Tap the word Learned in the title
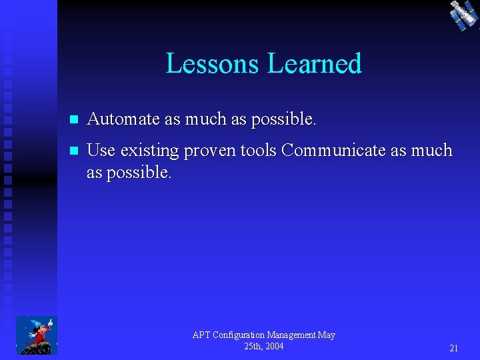(314, 64)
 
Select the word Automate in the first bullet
(123, 119)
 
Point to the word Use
(101, 151)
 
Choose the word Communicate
(333, 151)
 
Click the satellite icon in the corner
(463, 15)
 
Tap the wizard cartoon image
(36, 335)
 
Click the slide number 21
(453, 348)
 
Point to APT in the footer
(201, 335)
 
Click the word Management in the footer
(295, 335)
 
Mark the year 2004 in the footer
(273, 346)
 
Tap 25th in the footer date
(253, 346)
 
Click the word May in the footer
(327, 335)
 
